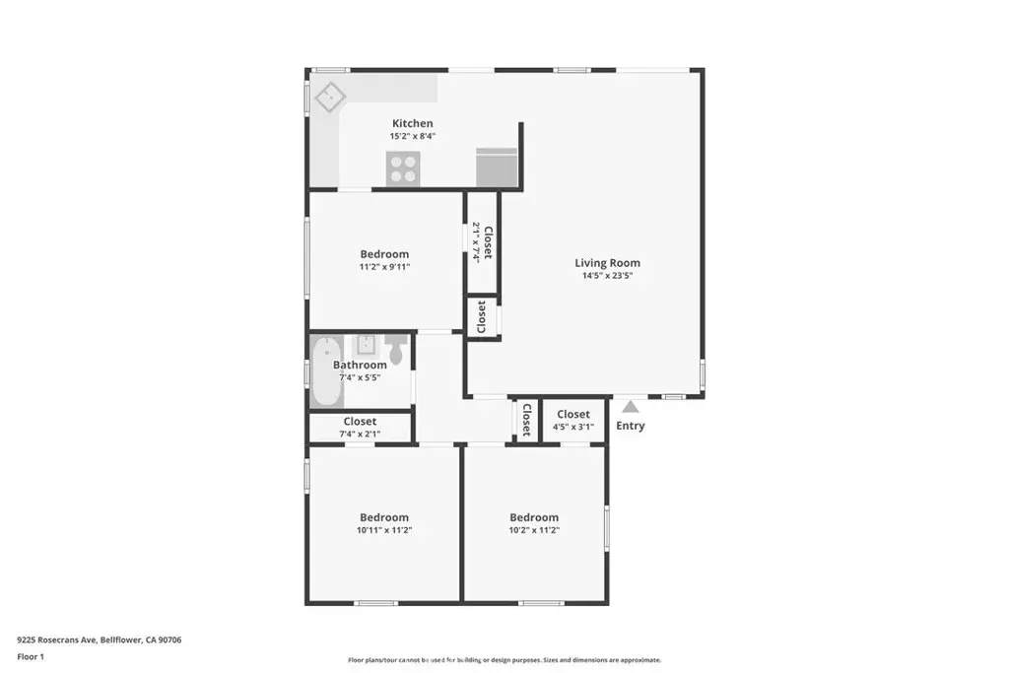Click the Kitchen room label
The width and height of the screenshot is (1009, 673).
tap(412, 123)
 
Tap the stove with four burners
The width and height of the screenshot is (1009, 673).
tap(402, 169)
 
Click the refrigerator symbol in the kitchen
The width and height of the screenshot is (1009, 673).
tap(496, 167)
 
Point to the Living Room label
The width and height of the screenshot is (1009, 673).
tap(607, 263)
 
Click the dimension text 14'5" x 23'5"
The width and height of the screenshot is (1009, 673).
tap(607, 276)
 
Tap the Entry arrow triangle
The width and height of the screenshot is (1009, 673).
tap(630, 406)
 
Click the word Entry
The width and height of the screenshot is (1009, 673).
tap(630, 426)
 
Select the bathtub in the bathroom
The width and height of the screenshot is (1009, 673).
tap(325, 372)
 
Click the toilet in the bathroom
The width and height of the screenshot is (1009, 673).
tap(395, 348)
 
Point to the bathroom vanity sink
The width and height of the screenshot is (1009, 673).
tap(365, 345)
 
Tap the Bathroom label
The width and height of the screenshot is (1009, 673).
tap(360, 365)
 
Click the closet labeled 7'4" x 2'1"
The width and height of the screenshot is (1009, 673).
tap(360, 428)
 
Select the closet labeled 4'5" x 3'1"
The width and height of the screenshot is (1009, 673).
tap(572, 421)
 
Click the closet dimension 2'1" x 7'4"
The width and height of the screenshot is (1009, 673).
tap(477, 241)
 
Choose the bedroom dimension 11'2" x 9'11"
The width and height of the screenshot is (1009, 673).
tap(383, 266)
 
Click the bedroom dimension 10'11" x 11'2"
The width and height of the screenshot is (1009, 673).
tap(383, 530)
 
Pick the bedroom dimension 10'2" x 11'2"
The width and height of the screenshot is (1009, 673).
tap(533, 530)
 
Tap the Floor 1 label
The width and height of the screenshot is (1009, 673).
tap(33, 656)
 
